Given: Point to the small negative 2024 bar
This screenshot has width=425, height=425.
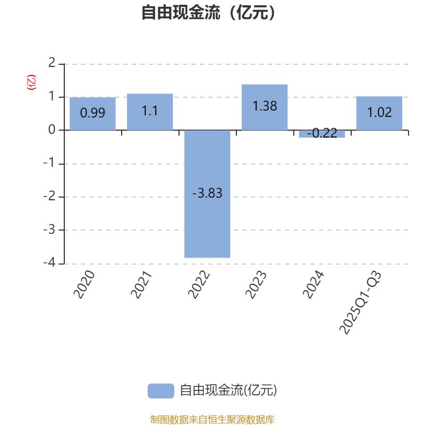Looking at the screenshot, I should click(322, 134).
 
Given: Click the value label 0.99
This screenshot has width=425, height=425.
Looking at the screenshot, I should click(92, 113).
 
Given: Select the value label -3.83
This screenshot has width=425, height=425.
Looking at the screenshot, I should click(207, 193).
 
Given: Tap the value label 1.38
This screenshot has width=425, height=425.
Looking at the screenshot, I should click(265, 106).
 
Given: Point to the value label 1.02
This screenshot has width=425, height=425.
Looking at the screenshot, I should click(379, 113).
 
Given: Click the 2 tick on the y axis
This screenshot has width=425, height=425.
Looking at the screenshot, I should click(52, 63).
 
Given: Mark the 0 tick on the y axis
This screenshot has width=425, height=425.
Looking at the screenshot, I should click(52, 130).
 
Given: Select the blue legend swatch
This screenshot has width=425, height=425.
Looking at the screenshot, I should click(160, 390).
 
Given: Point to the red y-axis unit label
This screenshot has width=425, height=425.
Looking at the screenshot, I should click(31, 82).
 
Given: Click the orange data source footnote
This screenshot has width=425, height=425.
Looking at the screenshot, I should click(212, 419).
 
